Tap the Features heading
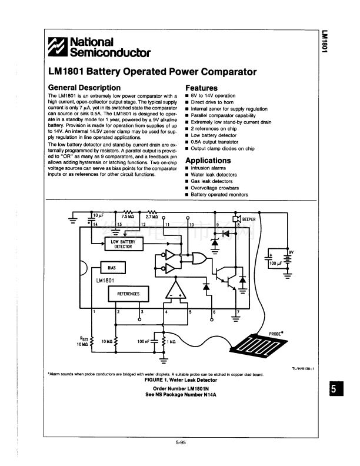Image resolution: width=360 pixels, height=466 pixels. pyautogui.click(x=201, y=88)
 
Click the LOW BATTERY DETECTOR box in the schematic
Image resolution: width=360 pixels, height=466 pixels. pyautogui.click(x=123, y=243)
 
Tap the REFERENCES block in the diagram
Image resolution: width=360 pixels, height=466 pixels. pyautogui.click(x=128, y=293)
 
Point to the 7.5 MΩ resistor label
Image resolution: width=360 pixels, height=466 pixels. pyautogui.click(x=128, y=216)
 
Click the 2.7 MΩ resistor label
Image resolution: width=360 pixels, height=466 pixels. pyautogui.click(x=152, y=216)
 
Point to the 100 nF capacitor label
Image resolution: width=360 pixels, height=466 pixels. pyautogui.click(x=144, y=341)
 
